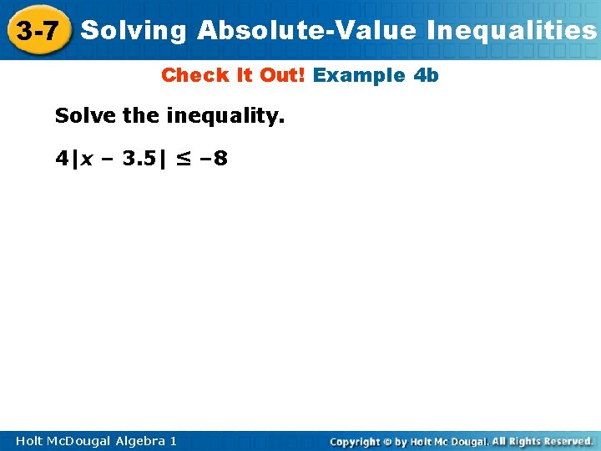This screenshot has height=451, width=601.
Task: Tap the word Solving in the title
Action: (x=134, y=31)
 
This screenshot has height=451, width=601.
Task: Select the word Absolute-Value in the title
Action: (x=306, y=31)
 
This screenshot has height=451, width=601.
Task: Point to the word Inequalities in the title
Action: (x=512, y=31)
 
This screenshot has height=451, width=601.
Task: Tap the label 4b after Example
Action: (x=426, y=75)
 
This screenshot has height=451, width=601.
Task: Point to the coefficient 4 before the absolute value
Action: (x=63, y=158)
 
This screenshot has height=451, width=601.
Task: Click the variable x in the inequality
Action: (x=87, y=158)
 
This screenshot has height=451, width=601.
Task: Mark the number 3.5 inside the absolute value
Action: (x=137, y=158)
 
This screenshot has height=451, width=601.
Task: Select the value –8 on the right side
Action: (x=213, y=158)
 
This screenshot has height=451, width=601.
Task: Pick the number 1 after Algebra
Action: (x=173, y=440)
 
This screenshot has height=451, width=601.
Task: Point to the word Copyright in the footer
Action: (x=356, y=441)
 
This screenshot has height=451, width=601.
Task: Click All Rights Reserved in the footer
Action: (x=543, y=441)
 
